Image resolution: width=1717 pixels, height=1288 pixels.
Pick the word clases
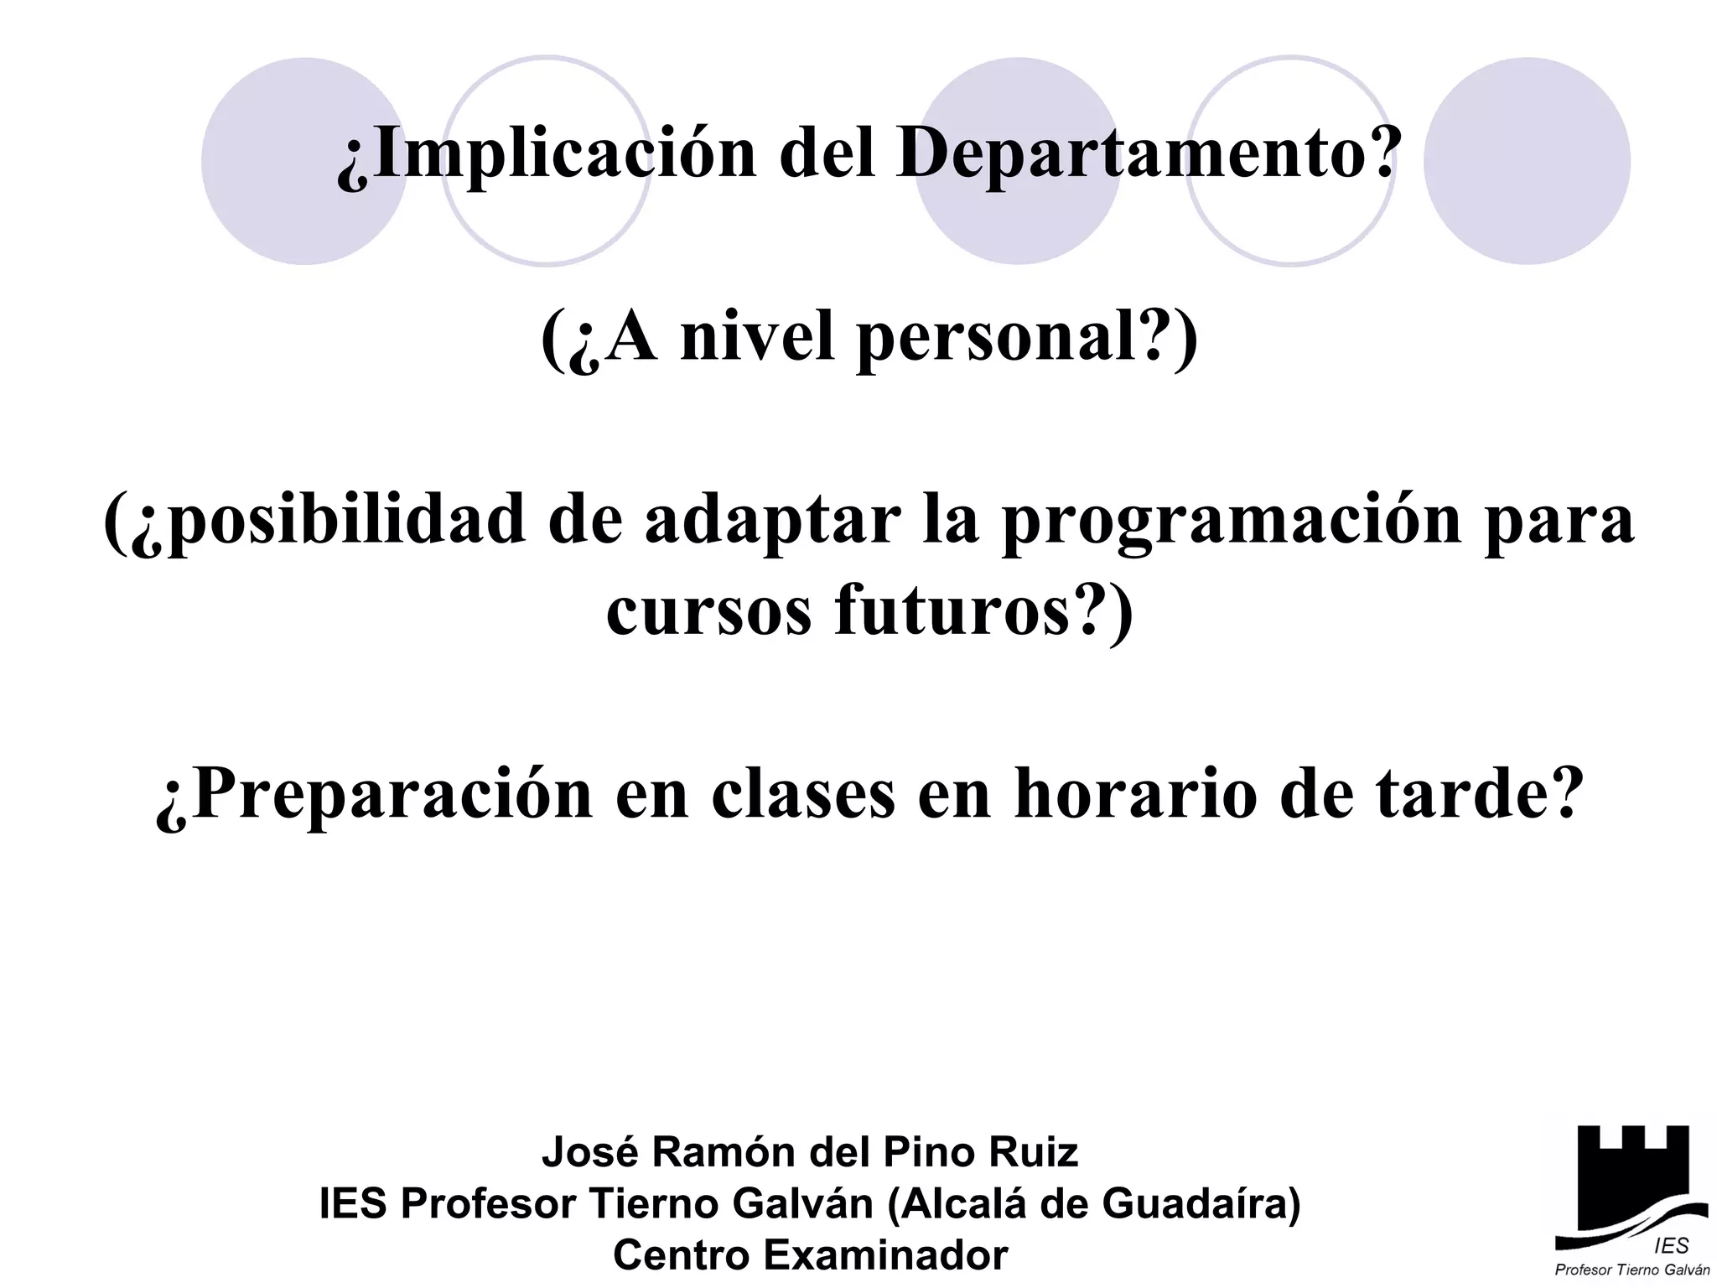pyautogui.click(x=803, y=793)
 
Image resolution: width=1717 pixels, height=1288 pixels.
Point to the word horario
pyautogui.click(x=1137, y=793)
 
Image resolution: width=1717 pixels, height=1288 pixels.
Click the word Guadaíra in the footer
pyautogui.click(x=1192, y=1204)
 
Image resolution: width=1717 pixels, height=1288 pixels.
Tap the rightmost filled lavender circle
pyautogui.click(x=1527, y=161)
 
